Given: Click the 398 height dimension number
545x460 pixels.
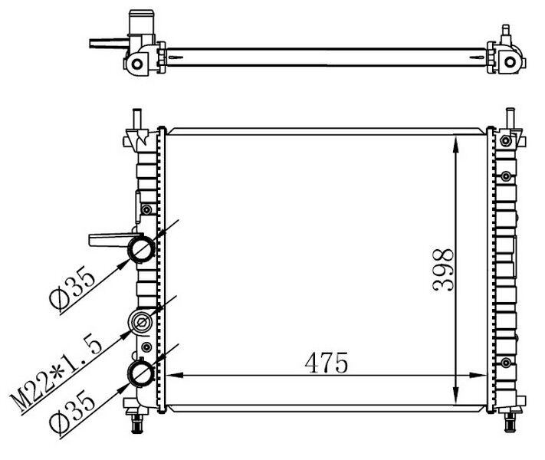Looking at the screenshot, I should coord(443,270).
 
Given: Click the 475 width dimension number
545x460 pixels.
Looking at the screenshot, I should coord(324,362).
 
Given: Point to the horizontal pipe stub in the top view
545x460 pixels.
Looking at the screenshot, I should coord(104,44).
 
